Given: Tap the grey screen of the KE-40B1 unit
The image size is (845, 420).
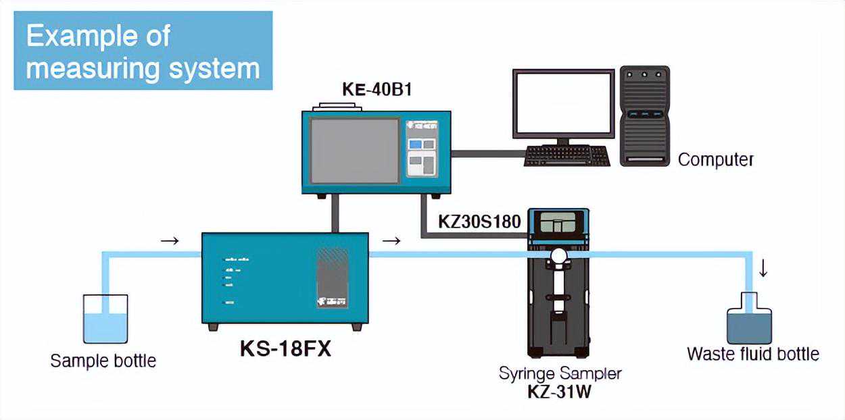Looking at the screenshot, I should coord(354,150).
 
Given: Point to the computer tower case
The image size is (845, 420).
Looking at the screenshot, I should coord(644,115).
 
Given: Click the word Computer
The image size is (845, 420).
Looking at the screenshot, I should coord(715,160).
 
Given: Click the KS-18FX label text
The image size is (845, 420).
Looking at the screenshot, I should coord(286,350).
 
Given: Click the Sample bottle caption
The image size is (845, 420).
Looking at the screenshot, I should coord(103,361).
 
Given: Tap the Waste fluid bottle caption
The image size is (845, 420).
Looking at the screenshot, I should coord(752,354).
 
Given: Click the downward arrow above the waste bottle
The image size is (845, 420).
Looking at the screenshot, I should coord(763,269).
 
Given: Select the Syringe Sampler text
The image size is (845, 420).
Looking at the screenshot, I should coord(560,373).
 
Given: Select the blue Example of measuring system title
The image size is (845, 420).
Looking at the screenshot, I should coord(143,51).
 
